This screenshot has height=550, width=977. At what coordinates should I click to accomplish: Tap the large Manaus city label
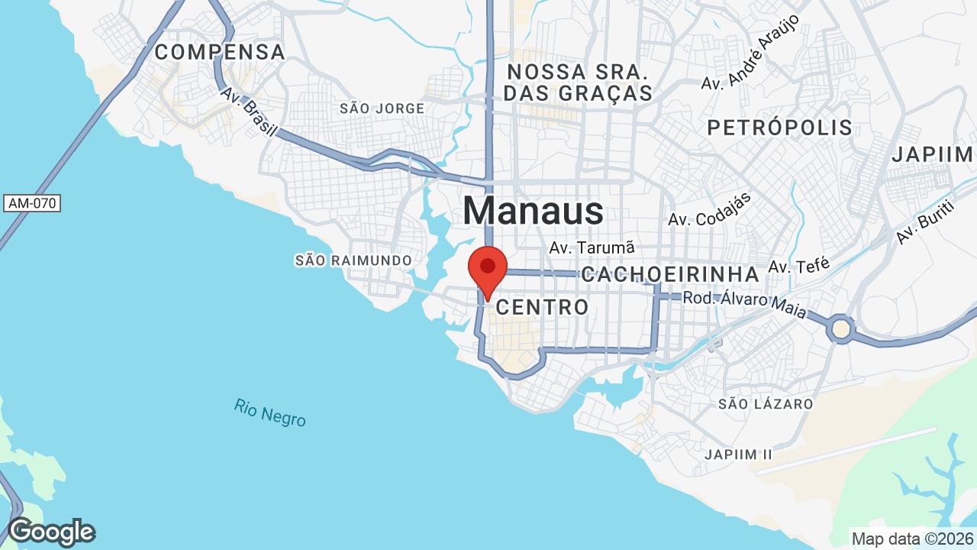pos(533,211)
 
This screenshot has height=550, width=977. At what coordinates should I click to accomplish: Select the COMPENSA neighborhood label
pos(220,53)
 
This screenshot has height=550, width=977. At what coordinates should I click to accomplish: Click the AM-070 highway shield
pos(32,203)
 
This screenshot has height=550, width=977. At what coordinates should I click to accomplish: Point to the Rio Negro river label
pos(270,412)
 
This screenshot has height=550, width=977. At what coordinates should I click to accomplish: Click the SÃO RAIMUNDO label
pos(353,260)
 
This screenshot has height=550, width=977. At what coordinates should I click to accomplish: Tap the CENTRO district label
pos(542,307)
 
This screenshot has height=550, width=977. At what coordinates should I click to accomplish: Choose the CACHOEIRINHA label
pos(670,275)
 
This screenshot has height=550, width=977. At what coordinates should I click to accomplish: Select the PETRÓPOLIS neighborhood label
pos(779,128)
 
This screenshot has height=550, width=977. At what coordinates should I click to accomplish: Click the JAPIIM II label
pos(738,455)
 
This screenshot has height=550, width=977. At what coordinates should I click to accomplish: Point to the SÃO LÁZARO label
pos(766,403)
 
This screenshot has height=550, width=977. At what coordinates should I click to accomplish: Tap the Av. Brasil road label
pos(248,112)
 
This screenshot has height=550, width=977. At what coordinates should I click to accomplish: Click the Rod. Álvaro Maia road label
pos(745,299)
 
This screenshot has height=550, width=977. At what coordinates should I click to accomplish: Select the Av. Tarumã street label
pos(592,248)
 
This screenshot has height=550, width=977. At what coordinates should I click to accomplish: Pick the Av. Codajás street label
pos(710,209)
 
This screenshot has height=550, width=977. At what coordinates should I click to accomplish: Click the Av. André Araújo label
pos(750,51)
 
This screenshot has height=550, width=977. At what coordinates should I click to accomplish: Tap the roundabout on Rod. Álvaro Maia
pos(841,328)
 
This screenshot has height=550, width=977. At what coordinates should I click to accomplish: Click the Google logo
pos(51,532)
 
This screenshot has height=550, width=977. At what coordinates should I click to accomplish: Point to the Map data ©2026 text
pos(911,539)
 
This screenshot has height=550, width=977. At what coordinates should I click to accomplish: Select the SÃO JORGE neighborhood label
pos(382,108)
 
